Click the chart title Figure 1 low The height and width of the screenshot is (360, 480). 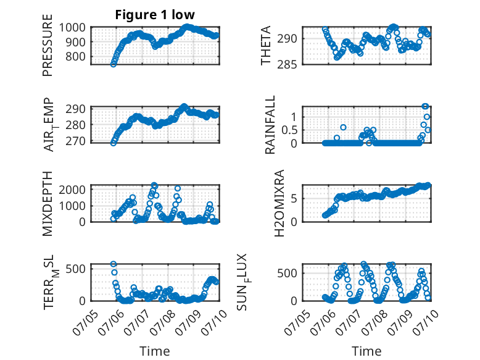pos(155,15)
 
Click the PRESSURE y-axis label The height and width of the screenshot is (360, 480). pos(48,45)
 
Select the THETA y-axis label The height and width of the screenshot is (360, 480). pos(266,45)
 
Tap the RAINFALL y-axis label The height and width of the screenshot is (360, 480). pos(270,125)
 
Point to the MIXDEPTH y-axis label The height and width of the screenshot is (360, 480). pos(48,204)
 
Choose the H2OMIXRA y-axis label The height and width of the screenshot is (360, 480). pos(279,203)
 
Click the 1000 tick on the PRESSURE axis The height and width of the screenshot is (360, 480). pos(72,28)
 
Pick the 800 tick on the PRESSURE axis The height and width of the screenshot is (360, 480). pos(76,56)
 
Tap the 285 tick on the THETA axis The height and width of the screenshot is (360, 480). pos(287,65)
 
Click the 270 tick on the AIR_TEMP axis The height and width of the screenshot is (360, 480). pos(76,141)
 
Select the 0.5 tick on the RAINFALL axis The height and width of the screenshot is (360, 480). pos(289,130)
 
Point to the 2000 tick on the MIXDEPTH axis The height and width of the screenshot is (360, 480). pos(72,190)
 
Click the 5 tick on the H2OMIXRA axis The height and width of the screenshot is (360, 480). pos(294,199)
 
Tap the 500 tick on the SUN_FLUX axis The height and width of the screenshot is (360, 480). pos(287,274)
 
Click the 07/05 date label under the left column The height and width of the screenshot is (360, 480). pos(85,322)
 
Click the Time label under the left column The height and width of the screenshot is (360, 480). pos(155,351)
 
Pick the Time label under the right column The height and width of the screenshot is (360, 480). pos(366,351)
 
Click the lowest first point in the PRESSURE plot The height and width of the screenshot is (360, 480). pos(114,64)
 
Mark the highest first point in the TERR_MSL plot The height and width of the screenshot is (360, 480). pos(114,264)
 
